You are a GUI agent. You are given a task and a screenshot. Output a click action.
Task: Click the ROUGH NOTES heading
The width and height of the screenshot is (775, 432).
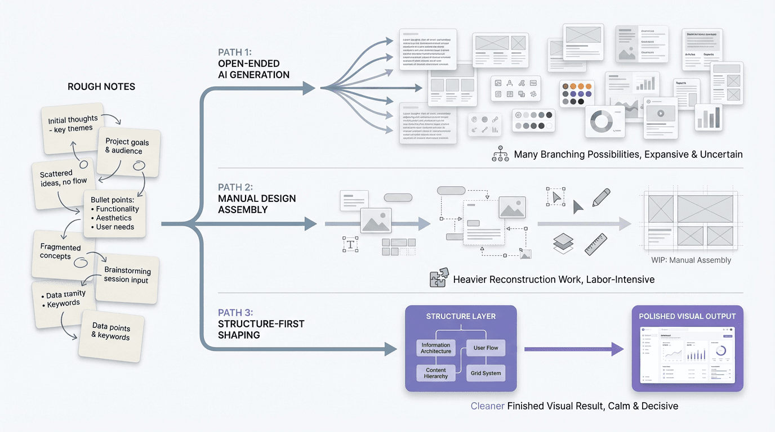point(101,87)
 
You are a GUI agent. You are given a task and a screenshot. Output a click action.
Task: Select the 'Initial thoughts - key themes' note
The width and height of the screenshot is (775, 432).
point(73,124)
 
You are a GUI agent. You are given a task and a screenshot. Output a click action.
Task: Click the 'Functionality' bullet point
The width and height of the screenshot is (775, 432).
point(117,209)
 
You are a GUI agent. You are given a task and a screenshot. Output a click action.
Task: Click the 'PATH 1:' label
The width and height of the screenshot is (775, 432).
point(237,52)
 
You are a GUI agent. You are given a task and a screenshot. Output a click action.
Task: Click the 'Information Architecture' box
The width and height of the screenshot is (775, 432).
point(436,348)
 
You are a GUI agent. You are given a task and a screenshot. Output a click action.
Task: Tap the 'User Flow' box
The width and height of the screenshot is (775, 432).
point(486,348)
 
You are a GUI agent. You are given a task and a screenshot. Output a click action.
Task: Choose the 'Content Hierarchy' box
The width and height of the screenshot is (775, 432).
point(436,373)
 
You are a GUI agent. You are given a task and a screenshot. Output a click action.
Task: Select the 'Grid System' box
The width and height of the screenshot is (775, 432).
point(486,373)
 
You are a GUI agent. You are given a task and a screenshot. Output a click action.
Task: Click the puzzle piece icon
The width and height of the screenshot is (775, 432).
point(439,278)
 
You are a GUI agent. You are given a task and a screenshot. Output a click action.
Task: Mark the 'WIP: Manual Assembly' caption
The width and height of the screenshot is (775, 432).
point(691,260)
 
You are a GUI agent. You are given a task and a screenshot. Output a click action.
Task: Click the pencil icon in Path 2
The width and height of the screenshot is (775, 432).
point(601,197)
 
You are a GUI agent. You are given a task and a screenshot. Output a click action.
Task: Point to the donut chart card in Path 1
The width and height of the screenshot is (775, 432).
point(605,121)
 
